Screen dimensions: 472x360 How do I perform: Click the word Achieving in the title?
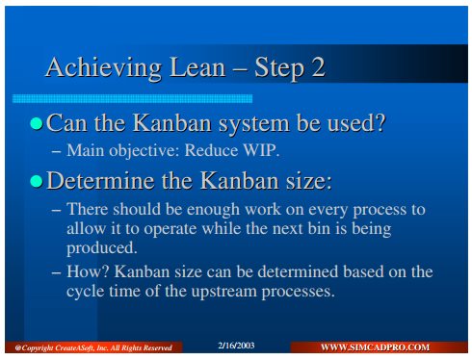[103, 67]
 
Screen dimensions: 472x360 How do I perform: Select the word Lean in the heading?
[197, 66]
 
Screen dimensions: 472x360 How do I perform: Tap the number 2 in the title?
[318, 66]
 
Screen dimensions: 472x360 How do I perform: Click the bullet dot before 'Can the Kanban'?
[37, 123]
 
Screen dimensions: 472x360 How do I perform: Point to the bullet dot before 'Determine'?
[37, 181]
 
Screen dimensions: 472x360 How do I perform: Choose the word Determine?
[100, 180]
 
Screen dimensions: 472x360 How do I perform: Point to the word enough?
[213, 210]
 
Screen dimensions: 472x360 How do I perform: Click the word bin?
[319, 228]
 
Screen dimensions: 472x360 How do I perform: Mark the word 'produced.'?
[102, 248]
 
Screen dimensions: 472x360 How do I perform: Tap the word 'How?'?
[88, 271]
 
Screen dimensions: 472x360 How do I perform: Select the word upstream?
[225, 292]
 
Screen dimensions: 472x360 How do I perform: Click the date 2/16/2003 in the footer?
[236, 346]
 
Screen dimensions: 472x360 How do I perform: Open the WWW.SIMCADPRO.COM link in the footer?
[375, 347]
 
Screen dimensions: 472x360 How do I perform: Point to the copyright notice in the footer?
[93, 347]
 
